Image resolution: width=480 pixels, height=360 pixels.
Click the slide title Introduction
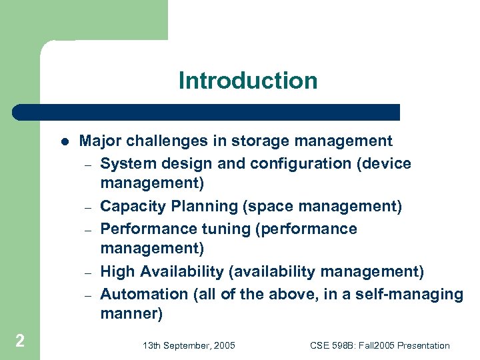248,81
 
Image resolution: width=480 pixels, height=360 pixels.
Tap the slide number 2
20,341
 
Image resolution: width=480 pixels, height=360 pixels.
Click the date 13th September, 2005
189,345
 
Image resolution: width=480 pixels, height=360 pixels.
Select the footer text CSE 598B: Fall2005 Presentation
380,345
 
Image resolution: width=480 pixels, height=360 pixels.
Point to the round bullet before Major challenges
64,141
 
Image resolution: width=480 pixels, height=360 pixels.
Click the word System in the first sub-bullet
125,163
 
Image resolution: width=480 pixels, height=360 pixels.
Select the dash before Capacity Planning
87,207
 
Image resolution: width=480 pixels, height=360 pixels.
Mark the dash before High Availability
87,273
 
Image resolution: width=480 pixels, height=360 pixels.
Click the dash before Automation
87,295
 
